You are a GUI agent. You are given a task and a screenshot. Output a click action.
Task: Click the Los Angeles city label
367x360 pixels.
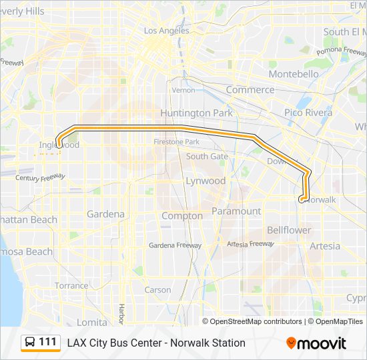point(166,31)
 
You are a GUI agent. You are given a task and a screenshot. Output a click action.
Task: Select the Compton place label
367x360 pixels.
point(182,216)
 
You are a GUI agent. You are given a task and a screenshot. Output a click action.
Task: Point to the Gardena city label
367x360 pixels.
point(105,214)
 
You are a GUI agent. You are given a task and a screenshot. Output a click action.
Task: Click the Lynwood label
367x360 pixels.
point(205,181)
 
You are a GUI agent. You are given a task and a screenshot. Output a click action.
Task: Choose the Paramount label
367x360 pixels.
point(236,211)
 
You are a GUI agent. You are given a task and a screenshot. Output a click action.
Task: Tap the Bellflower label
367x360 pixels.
point(289,230)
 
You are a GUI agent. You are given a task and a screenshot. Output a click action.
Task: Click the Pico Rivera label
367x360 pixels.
point(308,113)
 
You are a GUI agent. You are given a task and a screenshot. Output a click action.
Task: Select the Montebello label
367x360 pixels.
point(293,74)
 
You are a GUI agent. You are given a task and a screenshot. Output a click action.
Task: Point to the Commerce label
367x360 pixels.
point(250,89)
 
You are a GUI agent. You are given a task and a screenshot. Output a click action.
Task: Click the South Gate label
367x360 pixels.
point(207,156)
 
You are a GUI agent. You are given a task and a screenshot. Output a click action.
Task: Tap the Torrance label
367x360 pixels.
point(71,285)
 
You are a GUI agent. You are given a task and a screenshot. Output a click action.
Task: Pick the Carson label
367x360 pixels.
point(157,290)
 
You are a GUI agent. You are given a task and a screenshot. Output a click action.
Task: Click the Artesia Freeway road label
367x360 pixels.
point(250,244)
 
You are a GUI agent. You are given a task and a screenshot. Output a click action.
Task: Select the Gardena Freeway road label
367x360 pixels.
point(175,245)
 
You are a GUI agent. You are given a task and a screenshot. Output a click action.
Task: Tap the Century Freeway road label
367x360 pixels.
point(40,178)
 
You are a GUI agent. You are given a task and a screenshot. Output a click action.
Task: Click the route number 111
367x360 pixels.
point(47,342)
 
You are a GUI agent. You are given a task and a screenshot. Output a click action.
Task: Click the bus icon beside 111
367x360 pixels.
point(30,343)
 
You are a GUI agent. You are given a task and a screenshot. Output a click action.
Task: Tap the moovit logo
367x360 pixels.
point(316,343)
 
